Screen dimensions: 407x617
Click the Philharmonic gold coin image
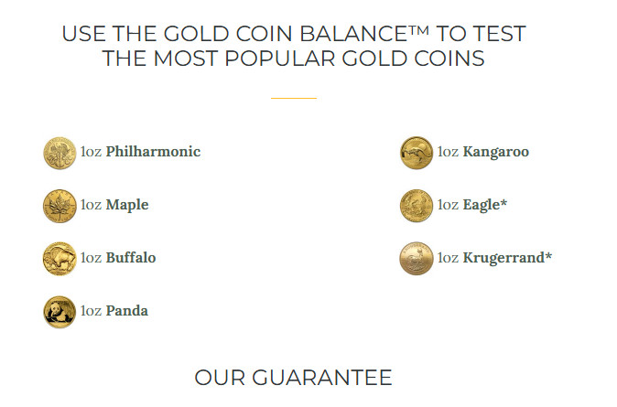[x=60, y=153]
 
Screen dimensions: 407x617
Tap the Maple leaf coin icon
[x=60, y=206]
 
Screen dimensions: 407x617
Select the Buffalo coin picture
[x=60, y=259]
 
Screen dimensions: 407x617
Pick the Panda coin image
[x=60, y=312]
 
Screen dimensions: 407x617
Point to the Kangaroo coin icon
[x=417, y=153]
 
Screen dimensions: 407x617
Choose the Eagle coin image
[x=417, y=206]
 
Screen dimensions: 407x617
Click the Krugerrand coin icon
[x=417, y=259]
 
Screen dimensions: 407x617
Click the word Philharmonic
[x=153, y=152]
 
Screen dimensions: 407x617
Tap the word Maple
[x=127, y=205]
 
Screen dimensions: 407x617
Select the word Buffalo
[x=131, y=258]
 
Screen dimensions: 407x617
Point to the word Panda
[x=127, y=311]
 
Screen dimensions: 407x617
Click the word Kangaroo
[x=496, y=152]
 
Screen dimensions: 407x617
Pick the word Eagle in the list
[x=483, y=205]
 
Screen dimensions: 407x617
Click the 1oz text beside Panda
[x=91, y=311]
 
